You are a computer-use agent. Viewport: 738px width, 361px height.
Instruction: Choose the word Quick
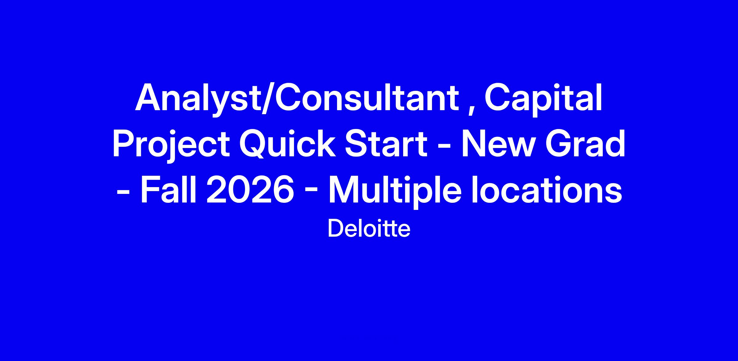(x=288, y=144)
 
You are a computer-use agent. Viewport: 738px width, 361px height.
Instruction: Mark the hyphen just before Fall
(x=123, y=194)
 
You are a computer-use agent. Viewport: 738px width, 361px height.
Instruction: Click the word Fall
(x=169, y=189)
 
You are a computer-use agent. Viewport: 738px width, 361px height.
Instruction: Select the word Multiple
(x=395, y=191)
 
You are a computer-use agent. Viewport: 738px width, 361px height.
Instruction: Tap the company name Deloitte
(x=369, y=229)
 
